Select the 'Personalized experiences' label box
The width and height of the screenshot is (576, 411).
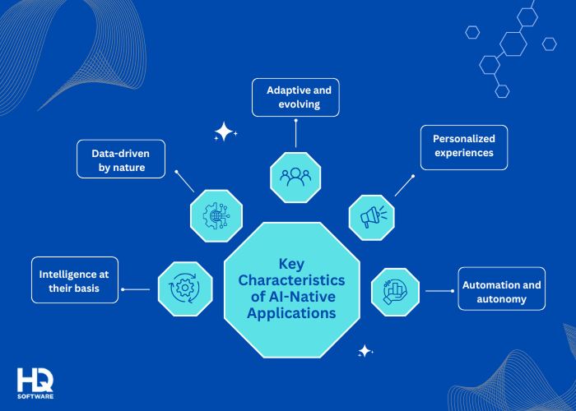[463, 146]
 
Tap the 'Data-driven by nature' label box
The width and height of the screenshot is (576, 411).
[120, 159]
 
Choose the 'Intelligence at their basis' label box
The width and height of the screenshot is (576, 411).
[74, 280]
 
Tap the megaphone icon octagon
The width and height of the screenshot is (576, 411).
[372, 218]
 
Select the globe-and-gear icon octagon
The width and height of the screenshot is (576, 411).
[216, 216]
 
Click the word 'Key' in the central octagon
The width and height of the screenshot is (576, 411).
[291, 264]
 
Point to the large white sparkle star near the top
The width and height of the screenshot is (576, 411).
[224, 132]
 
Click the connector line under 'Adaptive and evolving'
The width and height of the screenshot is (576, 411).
[294, 132]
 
